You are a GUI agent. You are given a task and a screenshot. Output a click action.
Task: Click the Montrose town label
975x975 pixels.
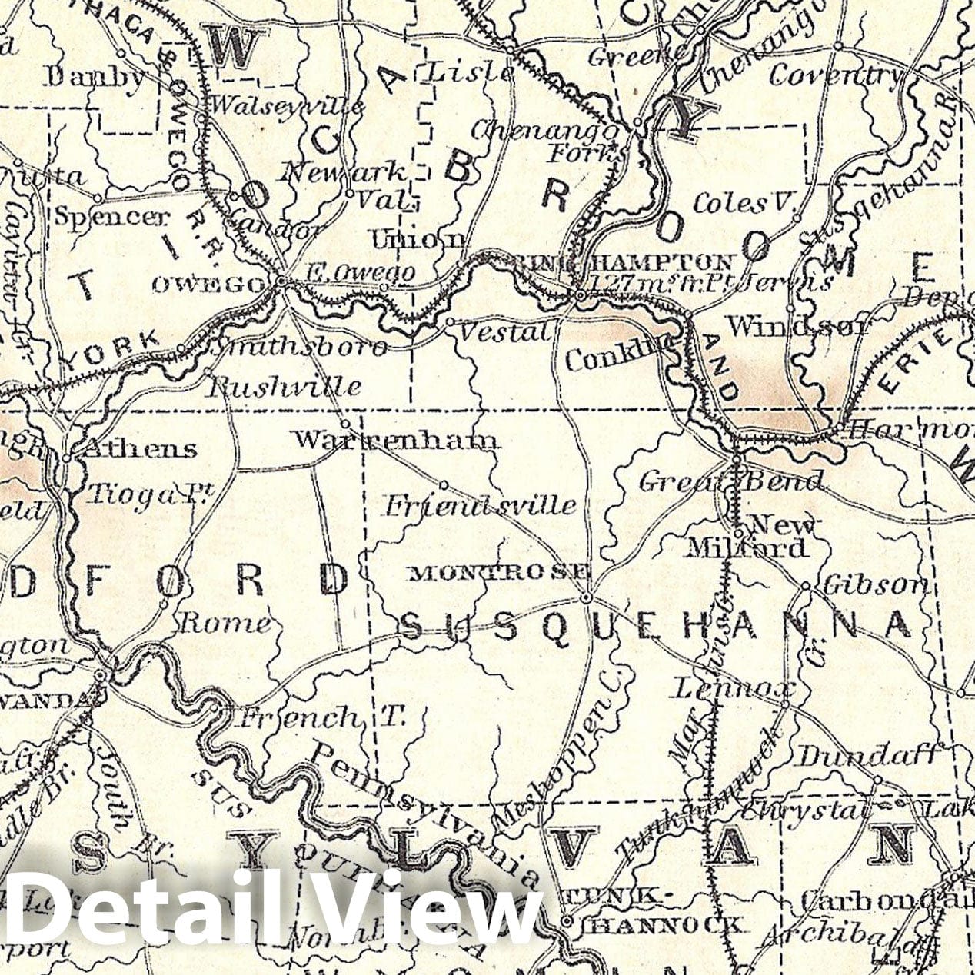(501, 572)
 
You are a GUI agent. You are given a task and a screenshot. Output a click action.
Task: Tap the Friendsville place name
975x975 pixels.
(480, 505)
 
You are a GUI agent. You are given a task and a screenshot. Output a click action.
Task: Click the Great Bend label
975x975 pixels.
(730, 482)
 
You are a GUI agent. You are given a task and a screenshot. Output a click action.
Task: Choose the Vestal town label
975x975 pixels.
(504, 332)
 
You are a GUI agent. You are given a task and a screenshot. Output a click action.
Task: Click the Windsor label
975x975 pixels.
(797, 326)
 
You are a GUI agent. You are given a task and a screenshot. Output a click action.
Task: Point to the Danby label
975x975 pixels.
(94, 77)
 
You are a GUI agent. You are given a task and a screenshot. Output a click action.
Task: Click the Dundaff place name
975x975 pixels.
(869, 757)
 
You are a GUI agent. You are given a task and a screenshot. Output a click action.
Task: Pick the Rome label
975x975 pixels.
(225, 622)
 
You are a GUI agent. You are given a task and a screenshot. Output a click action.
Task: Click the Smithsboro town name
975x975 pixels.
(299, 348)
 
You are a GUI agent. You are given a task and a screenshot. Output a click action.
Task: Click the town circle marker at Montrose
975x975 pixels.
(585, 597)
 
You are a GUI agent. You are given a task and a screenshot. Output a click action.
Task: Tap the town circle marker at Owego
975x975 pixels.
(282, 282)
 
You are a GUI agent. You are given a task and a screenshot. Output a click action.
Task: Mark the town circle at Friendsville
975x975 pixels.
(444, 484)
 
